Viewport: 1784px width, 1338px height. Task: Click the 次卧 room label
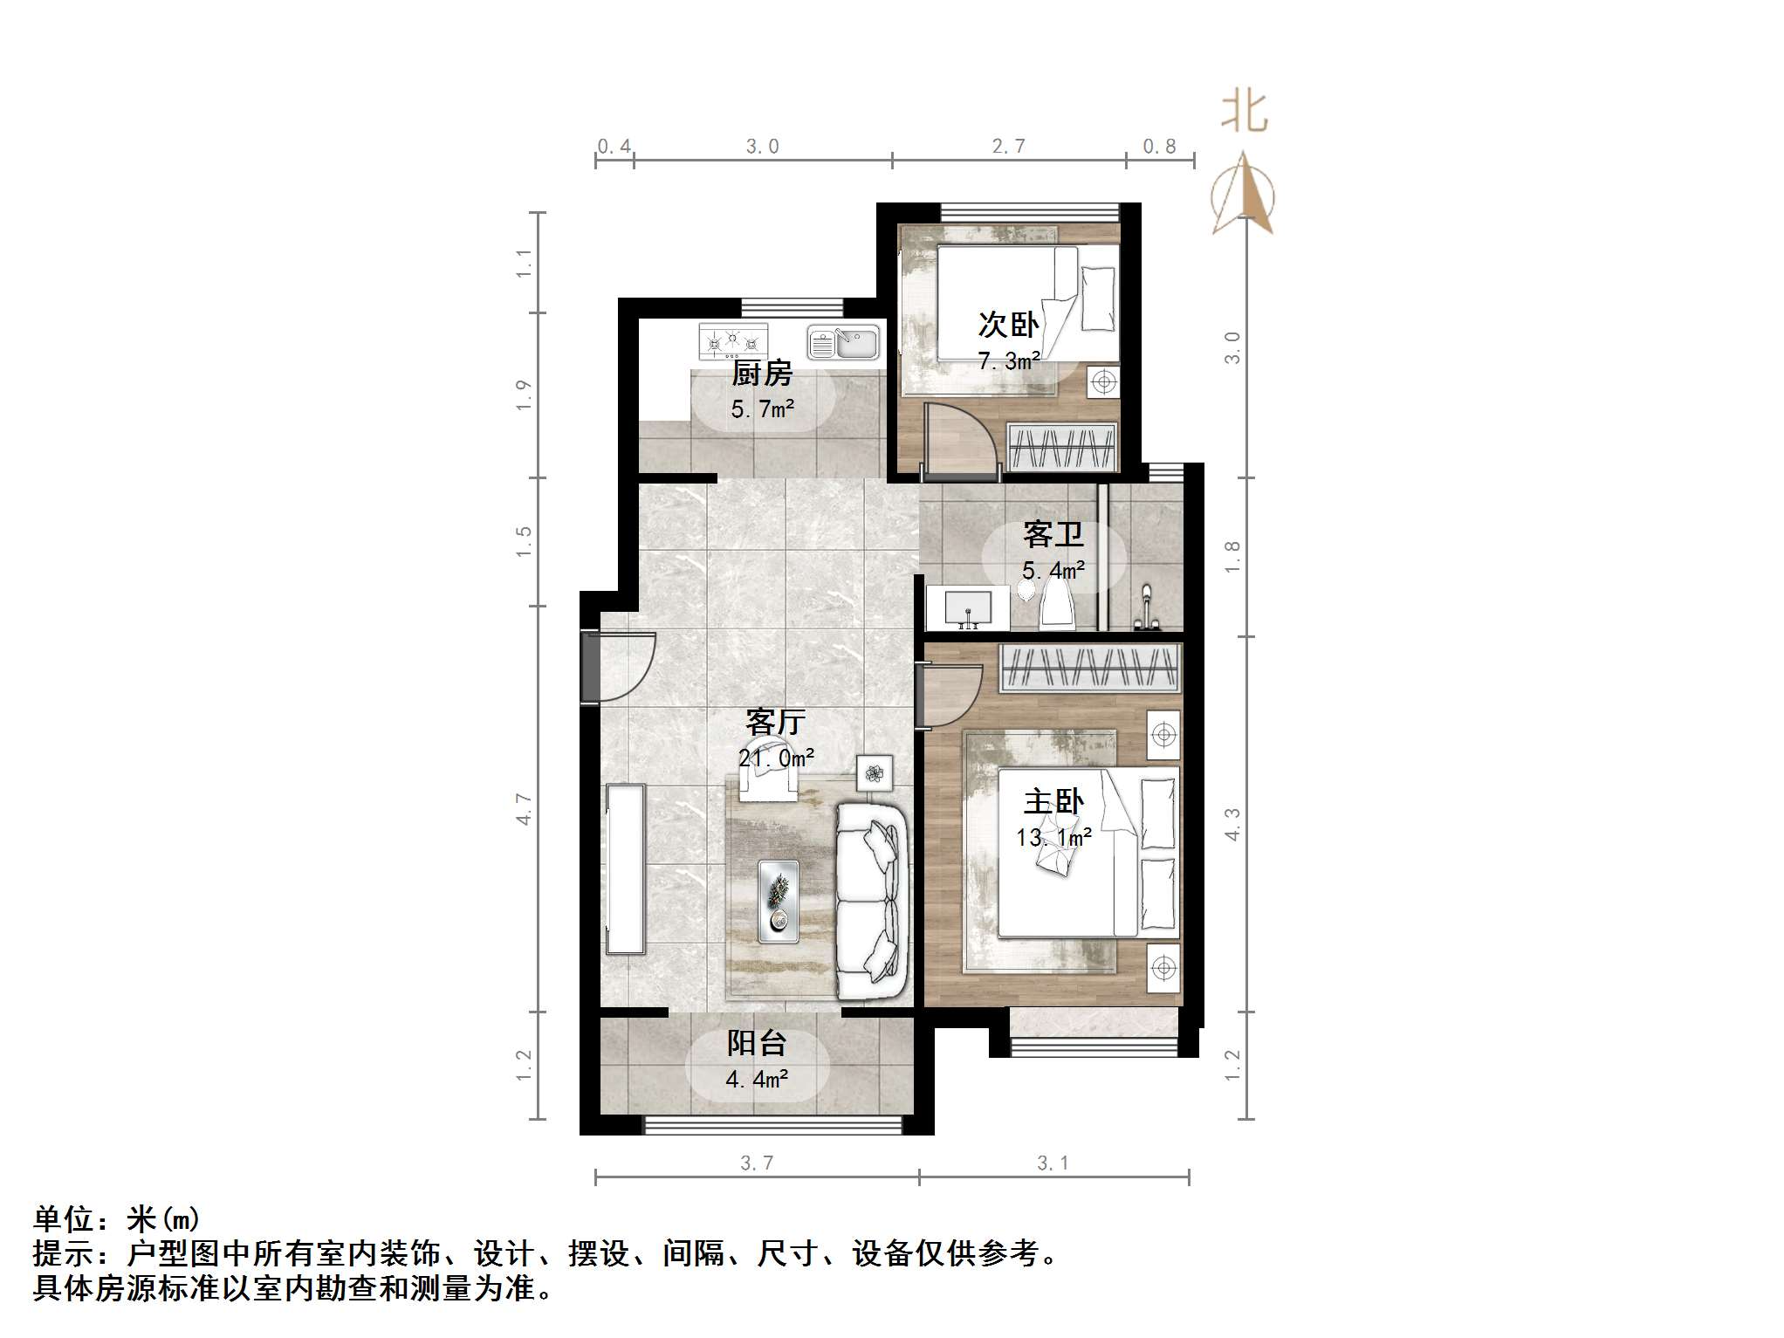[1008, 325]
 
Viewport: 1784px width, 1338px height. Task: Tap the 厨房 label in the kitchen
[761, 374]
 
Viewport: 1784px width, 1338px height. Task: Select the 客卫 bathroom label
[1053, 533]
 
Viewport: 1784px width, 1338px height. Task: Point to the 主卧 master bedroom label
[1053, 801]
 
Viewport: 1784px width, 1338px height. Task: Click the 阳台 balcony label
[757, 1043]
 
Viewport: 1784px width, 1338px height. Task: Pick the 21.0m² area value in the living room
[776, 758]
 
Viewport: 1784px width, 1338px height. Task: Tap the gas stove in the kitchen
[733, 341]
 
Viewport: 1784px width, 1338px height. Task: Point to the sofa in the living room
[870, 901]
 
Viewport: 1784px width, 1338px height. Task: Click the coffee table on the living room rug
[778, 901]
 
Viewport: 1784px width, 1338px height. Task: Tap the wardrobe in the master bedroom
[1090, 668]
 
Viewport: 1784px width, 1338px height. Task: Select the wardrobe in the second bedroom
[1062, 447]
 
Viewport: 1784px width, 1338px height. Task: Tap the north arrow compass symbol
[1243, 196]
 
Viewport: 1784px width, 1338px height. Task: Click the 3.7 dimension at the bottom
[757, 1163]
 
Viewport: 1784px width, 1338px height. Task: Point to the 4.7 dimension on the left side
[524, 809]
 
